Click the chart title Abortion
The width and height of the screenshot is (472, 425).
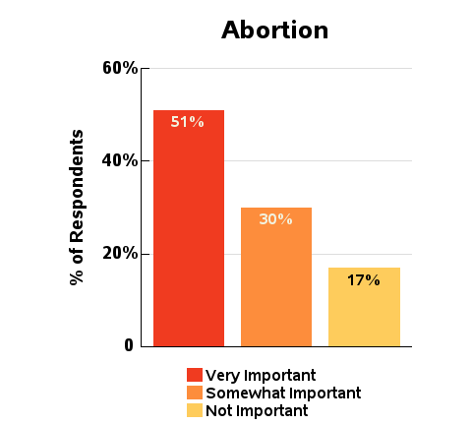point(274,30)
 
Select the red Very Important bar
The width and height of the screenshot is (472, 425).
point(189,228)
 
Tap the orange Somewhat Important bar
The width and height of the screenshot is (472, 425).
point(276,276)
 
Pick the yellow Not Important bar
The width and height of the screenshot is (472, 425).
point(364,307)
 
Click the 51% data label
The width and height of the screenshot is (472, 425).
point(187,122)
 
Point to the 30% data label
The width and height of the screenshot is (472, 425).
point(275,219)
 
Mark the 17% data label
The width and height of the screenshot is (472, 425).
point(364,280)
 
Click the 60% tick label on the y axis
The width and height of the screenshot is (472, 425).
point(120,68)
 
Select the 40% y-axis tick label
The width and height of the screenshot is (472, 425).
point(120,160)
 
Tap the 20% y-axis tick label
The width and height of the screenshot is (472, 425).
point(120,254)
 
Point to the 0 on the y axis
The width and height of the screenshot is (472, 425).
point(129,345)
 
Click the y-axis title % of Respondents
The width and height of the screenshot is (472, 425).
point(77,208)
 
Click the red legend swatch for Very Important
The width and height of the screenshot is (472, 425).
point(195,375)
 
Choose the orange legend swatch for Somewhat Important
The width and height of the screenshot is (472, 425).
point(195,393)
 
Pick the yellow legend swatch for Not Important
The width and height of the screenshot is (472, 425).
point(195,410)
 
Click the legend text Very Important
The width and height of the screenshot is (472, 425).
point(261,376)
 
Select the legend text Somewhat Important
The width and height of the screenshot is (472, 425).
point(283,393)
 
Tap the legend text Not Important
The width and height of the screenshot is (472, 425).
point(257,410)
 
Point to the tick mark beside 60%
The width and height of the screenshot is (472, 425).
point(146,68)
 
